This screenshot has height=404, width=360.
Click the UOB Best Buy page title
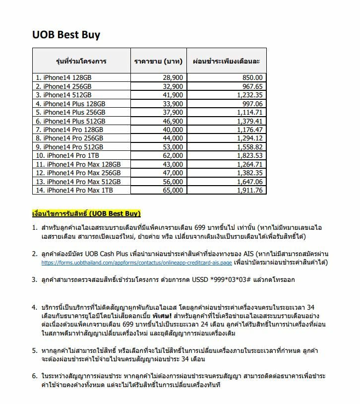[66, 35]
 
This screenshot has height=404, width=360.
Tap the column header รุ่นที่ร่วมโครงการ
[81, 62]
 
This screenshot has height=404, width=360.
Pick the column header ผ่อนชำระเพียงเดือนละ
[226, 62]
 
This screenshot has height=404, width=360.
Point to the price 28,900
[173, 78]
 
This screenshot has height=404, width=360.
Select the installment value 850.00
[253, 78]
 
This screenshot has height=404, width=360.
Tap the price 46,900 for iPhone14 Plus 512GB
[173, 121]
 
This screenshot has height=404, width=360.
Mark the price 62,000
[173, 155]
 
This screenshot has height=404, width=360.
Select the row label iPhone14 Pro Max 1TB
[75, 190]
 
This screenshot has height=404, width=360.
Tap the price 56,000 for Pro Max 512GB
[173, 182]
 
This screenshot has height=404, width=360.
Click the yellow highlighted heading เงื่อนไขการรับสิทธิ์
[86, 213]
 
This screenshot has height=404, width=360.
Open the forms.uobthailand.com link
[136, 263]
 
